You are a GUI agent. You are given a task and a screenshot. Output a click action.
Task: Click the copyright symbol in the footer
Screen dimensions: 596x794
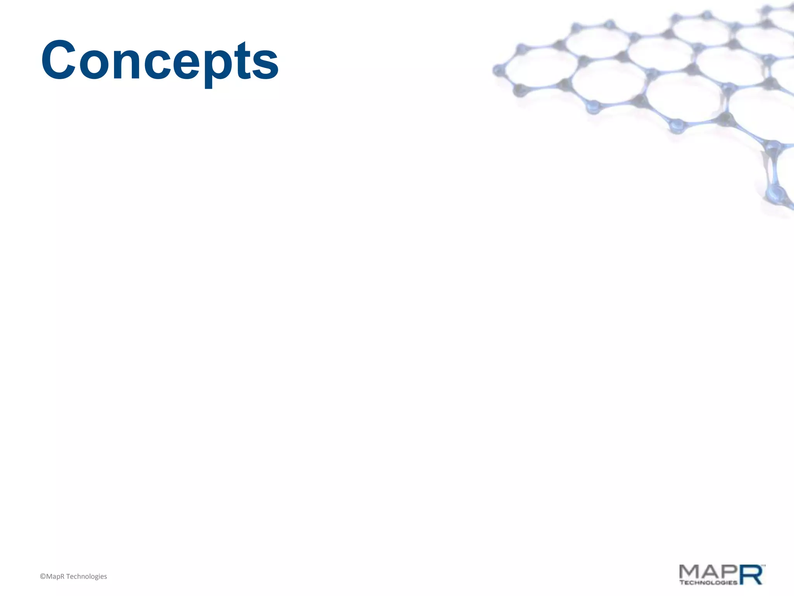point(43,577)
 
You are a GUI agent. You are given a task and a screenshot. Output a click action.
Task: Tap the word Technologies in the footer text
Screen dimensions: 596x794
point(86,577)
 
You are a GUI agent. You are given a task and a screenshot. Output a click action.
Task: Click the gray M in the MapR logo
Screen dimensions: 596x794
point(690,572)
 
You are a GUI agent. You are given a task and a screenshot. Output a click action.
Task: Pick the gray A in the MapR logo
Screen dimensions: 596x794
point(709,572)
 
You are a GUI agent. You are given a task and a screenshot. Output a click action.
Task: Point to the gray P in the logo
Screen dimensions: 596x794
point(728,572)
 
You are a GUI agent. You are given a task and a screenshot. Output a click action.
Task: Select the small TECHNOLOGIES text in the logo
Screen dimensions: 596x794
point(708,582)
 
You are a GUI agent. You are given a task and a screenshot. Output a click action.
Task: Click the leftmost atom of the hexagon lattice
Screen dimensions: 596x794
point(498,71)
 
